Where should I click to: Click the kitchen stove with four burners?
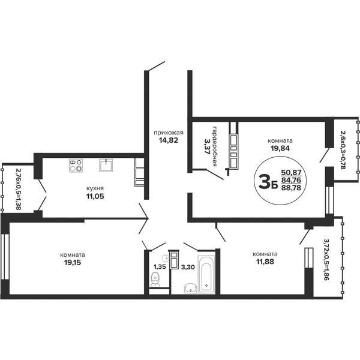(x=76, y=166)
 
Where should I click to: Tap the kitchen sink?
(x=106, y=165)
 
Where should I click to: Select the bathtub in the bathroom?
(x=206, y=275)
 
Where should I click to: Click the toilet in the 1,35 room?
(x=155, y=280)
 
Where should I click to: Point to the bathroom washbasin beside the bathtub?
(x=191, y=289)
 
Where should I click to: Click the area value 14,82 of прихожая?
(x=169, y=140)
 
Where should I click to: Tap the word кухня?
(x=95, y=188)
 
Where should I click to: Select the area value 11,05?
(x=95, y=196)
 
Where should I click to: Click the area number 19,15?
(x=73, y=262)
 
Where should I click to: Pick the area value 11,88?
(x=265, y=261)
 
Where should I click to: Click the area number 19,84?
(x=280, y=148)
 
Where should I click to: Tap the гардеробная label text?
(x=215, y=146)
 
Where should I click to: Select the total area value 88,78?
(x=291, y=188)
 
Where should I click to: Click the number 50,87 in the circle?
(x=291, y=172)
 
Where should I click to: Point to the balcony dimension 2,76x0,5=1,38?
(x=19, y=189)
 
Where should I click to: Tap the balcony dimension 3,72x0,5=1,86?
(x=326, y=259)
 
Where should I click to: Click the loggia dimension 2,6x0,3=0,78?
(x=343, y=150)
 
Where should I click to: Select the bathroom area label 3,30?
(x=188, y=267)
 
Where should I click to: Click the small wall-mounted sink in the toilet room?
(x=165, y=258)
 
